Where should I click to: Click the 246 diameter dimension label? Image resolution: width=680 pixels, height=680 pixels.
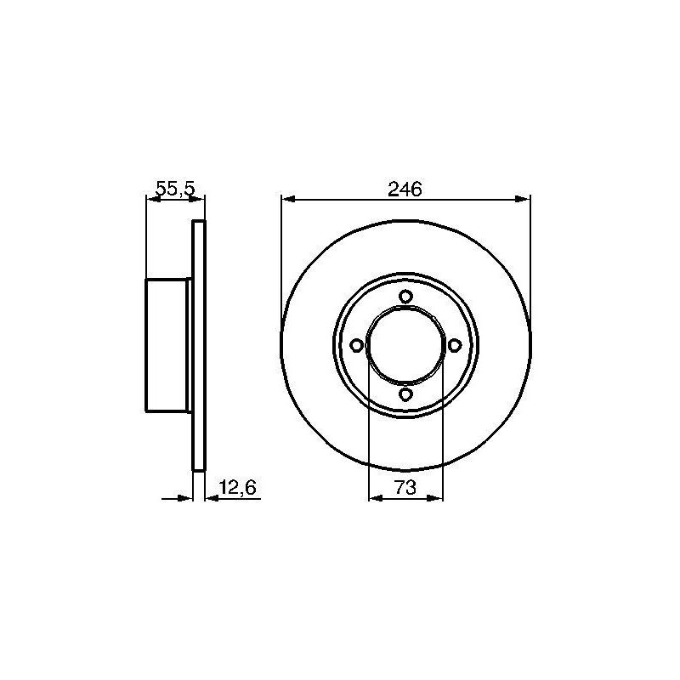(405, 189)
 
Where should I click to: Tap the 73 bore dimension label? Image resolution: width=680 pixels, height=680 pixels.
(405, 487)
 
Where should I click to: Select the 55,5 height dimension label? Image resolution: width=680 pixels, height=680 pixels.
(176, 189)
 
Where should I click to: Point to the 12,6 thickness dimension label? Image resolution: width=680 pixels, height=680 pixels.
(238, 487)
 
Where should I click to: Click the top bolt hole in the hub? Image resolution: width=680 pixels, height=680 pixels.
(405, 297)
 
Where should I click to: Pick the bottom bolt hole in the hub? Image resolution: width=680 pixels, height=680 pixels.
(405, 394)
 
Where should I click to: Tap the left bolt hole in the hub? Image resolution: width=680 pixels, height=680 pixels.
(356, 346)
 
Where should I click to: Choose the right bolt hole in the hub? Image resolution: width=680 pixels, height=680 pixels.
(454, 346)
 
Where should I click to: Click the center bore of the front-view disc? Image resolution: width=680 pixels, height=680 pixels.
(405, 346)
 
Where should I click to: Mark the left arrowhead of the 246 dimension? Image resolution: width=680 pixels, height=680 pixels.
(288, 199)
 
